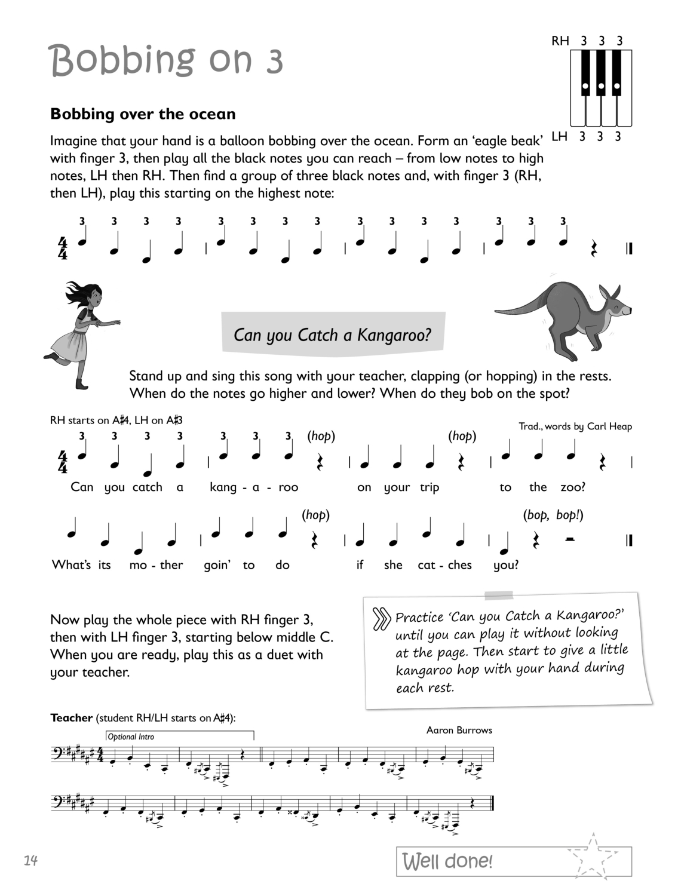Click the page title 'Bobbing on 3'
pyautogui.click(x=167, y=61)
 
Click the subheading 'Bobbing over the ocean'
pyautogui.click(x=143, y=114)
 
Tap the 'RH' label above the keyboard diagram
pyautogui.click(x=560, y=41)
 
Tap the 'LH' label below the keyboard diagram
pyautogui.click(x=559, y=137)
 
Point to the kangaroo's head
pyautogui.click(x=615, y=305)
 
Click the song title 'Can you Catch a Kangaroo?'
pyautogui.click(x=332, y=334)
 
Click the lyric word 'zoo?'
pyautogui.click(x=572, y=487)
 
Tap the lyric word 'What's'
pyautogui.click(x=66, y=564)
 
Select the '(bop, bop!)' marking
pyautogui.click(x=553, y=514)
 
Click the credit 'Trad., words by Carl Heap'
pyautogui.click(x=575, y=426)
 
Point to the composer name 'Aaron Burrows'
pyautogui.click(x=459, y=730)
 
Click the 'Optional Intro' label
pyautogui.click(x=131, y=736)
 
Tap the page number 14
pyautogui.click(x=31, y=860)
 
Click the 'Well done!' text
pyautogui.click(x=447, y=861)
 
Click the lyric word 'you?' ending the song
pyautogui.click(x=506, y=564)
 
